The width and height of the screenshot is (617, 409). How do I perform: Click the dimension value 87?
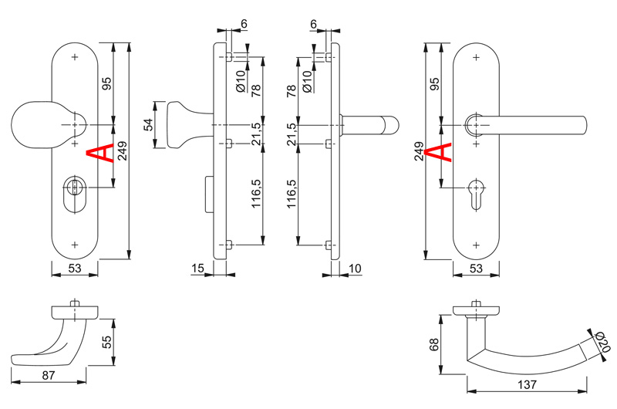click(49, 376)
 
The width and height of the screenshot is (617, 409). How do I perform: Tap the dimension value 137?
click(527, 384)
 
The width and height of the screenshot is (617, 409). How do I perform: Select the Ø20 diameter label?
click(602, 343)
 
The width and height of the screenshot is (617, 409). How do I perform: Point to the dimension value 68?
click(434, 344)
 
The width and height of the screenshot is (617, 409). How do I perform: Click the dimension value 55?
click(107, 342)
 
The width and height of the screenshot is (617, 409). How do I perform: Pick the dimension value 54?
click(148, 125)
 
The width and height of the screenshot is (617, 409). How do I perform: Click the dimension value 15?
click(197, 269)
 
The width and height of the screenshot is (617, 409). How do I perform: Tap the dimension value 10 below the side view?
click(355, 269)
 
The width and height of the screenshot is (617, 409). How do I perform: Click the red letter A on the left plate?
click(100, 153)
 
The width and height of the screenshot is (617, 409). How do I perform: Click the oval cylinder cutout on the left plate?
click(74, 194)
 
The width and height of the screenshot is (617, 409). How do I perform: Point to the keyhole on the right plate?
click(476, 195)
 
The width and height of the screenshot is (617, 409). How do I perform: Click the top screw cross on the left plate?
click(75, 57)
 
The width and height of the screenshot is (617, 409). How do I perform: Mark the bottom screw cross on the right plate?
click(476, 245)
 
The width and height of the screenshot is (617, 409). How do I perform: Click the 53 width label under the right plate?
click(476, 269)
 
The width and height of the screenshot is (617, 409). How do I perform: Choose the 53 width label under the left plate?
click(75, 269)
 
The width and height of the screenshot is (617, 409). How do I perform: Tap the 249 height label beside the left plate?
click(123, 151)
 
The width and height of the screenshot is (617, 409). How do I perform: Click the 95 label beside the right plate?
click(434, 84)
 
